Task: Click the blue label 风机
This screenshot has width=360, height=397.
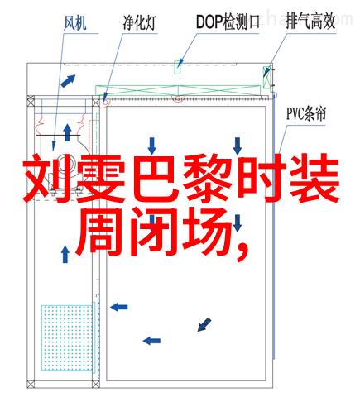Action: [x=75, y=22]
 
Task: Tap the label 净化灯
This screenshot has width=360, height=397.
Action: [x=140, y=22]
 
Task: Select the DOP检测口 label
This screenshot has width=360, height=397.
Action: [x=228, y=22]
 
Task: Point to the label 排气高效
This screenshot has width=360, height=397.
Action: [x=310, y=22]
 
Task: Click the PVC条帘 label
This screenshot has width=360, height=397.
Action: [x=306, y=113]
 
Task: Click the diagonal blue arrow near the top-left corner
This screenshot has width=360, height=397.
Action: [x=68, y=81]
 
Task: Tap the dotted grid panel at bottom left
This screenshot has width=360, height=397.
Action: [x=67, y=337]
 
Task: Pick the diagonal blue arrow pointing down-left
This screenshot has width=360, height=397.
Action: [x=204, y=324]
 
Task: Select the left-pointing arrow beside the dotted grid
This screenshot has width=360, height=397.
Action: [x=119, y=307]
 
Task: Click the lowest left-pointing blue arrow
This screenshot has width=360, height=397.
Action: [x=151, y=341]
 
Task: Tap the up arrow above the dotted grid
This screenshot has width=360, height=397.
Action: [x=65, y=254]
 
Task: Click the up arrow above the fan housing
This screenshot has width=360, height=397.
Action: [x=67, y=132]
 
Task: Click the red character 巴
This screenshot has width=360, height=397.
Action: [x=154, y=178]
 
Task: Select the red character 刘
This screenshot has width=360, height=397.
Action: [x=46, y=178]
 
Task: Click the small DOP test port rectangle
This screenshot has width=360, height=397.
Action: [x=177, y=67]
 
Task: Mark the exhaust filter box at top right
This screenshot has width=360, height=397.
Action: [x=266, y=78]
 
